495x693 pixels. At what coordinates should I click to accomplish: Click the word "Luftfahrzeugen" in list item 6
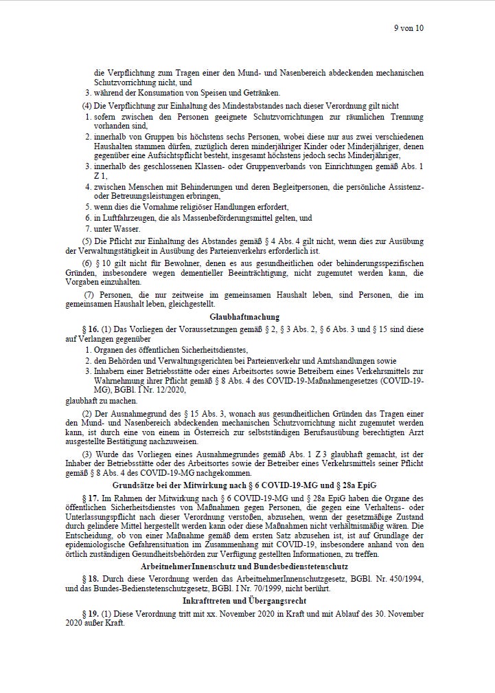pyautogui.click(x=125, y=217)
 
